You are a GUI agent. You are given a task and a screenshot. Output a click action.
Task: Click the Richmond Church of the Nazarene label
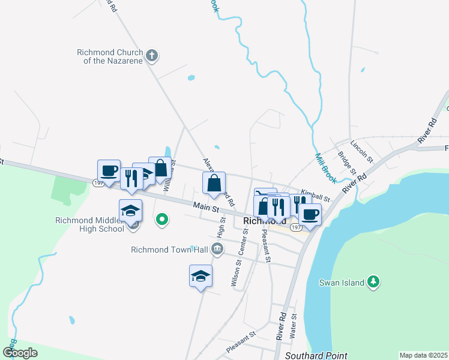(x=110, y=56)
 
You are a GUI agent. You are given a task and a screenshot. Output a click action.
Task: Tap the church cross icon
(x=152, y=56)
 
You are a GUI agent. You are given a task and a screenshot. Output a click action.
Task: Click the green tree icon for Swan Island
(x=373, y=281)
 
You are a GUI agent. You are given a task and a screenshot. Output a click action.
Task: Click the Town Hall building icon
(x=217, y=249)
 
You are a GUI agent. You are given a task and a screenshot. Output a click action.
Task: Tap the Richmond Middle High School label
(x=89, y=224)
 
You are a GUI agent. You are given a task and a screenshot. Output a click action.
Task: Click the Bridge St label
(x=344, y=163)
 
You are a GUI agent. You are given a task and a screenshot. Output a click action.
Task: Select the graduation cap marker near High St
(x=200, y=275)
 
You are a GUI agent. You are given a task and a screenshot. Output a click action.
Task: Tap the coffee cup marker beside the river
(x=310, y=214)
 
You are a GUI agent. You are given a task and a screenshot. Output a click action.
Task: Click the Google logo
(x=20, y=353)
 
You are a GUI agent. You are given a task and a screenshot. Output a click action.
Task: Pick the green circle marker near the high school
(x=161, y=220)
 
